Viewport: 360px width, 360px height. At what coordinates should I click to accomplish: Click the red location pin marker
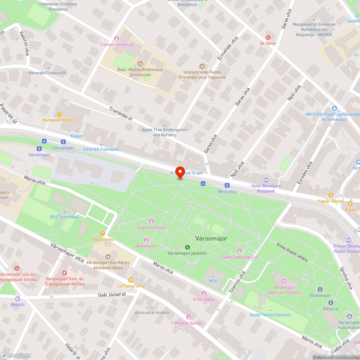pyautogui.click(x=180, y=172)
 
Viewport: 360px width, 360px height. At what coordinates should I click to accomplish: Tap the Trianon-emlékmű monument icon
pyautogui.click(x=116, y=39)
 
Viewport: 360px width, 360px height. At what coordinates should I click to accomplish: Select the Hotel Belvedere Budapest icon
pyautogui.click(x=266, y=180)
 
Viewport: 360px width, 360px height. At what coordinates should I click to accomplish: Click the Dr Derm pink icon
pyautogui.click(x=267, y=37)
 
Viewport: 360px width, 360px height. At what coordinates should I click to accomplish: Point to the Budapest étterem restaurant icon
pyautogui.click(x=59, y=114)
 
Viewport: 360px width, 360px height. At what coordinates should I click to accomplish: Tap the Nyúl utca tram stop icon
pyautogui.click(x=227, y=185)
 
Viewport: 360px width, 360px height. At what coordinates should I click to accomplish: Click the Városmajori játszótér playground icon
pyautogui.click(x=187, y=247)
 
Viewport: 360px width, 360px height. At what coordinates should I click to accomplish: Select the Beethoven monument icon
pyautogui.click(x=146, y=240)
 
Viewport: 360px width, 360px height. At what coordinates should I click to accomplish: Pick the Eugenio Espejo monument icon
pyautogui.click(x=151, y=221)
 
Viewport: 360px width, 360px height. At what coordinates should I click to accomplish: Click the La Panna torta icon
pyautogui.click(x=131, y=280)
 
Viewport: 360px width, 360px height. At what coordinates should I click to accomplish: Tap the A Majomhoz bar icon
pyautogui.click(x=102, y=233)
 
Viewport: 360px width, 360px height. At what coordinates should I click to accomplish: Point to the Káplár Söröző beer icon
pyautogui.click(x=330, y=195)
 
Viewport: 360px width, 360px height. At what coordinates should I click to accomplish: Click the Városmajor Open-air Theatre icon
pyautogui.click(x=283, y=281)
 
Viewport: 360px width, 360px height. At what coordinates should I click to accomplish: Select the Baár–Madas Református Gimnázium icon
pyautogui.click(x=140, y=64)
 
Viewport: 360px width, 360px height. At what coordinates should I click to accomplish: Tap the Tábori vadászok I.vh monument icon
pyautogui.click(x=239, y=251)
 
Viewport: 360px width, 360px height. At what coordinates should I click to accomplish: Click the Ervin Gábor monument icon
pyautogui.click(x=204, y=293)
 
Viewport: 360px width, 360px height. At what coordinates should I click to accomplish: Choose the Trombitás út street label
pyautogui.click(x=121, y=114)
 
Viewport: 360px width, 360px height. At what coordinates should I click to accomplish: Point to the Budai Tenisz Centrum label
pyautogui.click(x=270, y=315)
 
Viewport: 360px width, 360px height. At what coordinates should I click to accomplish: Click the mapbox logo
pyautogui.click(x=16, y=355)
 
